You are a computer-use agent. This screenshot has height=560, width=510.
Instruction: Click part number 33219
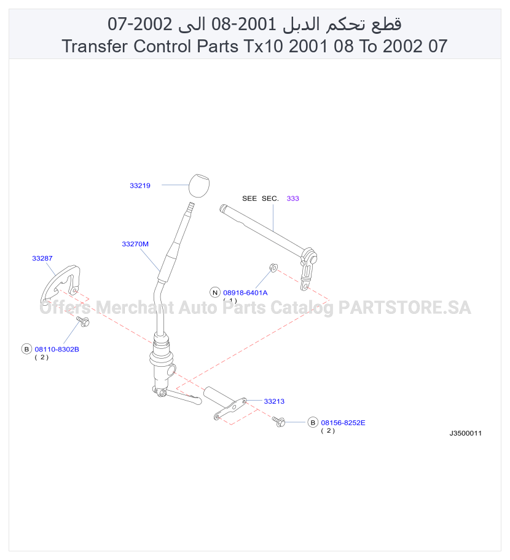pyautogui.click(x=140, y=185)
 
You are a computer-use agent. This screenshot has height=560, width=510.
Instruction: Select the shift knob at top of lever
pyautogui.click(x=198, y=185)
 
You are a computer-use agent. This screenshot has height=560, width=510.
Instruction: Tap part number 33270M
pyautogui.click(x=135, y=244)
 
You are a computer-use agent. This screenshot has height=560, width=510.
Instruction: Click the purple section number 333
pyautogui.click(x=293, y=198)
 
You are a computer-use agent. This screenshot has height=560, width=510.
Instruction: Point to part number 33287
pyautogui.click(x=42, y=258)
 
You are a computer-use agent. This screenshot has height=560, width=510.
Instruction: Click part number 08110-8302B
pyautogui.click(x=57, y=350)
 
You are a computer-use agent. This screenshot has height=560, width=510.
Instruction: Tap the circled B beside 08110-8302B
pyautogui.click(x=27, y=349)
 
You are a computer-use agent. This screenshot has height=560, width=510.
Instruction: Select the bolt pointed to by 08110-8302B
pyautogui.click(x=83, y=321)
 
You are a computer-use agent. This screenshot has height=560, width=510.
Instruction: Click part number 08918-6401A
pyautogui.click(x=245, y=292)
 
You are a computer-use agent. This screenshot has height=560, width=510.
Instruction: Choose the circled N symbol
pyautogui.click(x=215, y=292)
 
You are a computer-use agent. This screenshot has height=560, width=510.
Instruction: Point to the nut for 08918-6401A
pyautogui.click(x=273, y=267)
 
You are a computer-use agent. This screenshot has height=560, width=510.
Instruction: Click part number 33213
pyautogui.click(x=274, y=401)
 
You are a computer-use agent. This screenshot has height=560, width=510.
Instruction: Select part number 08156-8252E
pyautogui.click(x=343, y=423)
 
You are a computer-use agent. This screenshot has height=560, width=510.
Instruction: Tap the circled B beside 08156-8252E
pyautogui.click(x=313, y=423)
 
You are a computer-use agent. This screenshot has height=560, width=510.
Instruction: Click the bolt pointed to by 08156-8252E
pyautogui.click(x=278, y=422)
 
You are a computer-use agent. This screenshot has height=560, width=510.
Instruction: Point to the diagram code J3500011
pyautogui.click(x=465, y=433)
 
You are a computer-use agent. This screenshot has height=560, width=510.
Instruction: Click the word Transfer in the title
pyautogui.click(x=95, y=46)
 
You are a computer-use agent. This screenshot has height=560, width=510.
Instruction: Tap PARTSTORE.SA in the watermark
pyautogui.click(x=404, y=308)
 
